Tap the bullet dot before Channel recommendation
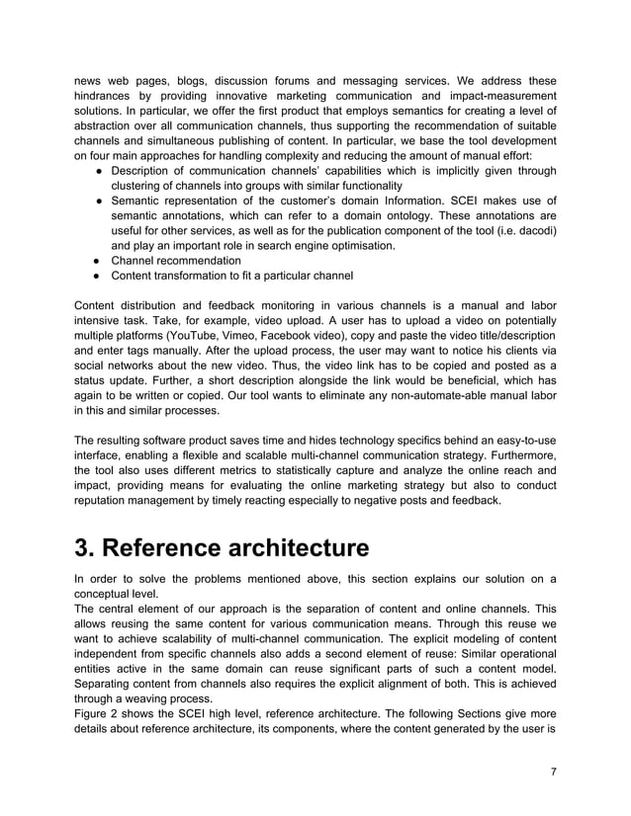[x=101, y=260]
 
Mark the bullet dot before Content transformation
[x=101, y=275]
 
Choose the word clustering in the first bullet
[x=140, y=186]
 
